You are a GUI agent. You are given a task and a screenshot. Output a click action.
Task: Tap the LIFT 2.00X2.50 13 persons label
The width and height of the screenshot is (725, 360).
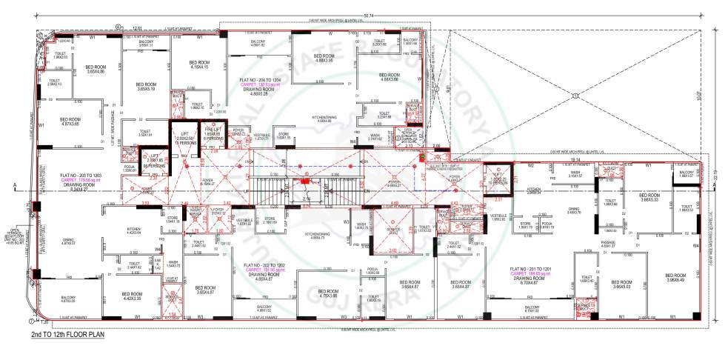(x=184, y=136)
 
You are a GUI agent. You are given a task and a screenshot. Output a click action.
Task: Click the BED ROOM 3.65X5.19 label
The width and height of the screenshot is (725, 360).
(x=146, y=87)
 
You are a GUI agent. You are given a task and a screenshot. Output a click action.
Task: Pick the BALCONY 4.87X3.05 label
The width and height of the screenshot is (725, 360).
(x=67, y=300)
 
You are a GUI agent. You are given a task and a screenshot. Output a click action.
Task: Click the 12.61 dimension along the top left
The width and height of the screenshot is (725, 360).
(x=137, y=27)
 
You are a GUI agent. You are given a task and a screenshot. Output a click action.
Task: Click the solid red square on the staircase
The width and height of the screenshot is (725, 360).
(x=304, y=180)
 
